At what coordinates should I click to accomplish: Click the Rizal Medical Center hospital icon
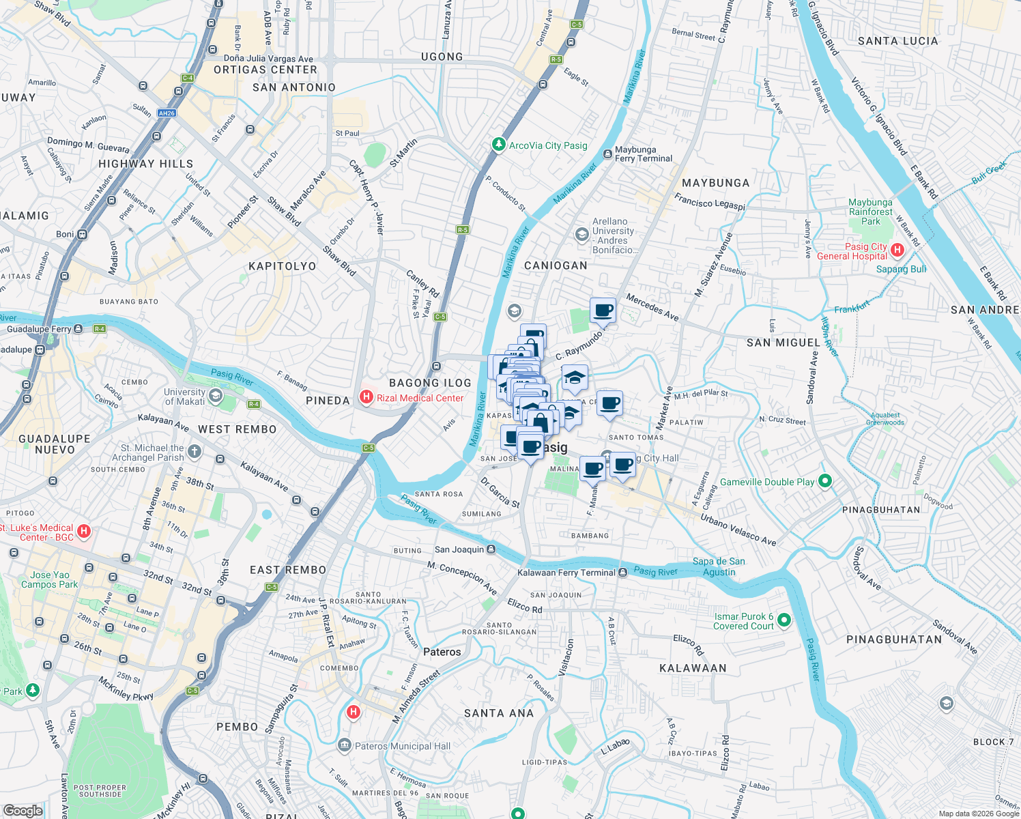(x=366, y=397)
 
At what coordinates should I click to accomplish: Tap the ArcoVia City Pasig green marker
(x=499, y=145)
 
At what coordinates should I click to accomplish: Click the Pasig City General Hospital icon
(x=897, y=250)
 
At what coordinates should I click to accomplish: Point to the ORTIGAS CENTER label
(x=265, y=70)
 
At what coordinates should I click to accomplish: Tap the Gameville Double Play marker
(x=824, y=481)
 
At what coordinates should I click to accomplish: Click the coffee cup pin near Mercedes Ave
(x=603, y=311)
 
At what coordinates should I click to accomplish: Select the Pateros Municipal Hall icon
(x=344, y=745)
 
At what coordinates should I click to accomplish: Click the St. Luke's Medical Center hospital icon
(x=83, y=531)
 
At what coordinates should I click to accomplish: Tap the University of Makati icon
(x=216, y=397)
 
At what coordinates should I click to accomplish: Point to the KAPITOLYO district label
(x=283, y=266)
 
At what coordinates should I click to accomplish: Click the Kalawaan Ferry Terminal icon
(x=622, y=573)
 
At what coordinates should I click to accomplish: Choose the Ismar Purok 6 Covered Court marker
(x=784, y=620)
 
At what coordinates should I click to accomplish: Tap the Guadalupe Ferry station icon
(x=78, y=329)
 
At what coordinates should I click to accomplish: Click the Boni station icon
(x=82, y=234)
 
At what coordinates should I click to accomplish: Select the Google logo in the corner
(x=23, y=810)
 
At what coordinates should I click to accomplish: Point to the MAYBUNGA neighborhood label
(x=715, y=183)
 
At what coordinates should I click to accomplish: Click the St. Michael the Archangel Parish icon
(x=195, y=451)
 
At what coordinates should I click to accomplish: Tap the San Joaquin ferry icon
(x=491, y=549)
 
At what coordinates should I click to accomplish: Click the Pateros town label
(x=442, y=652)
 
